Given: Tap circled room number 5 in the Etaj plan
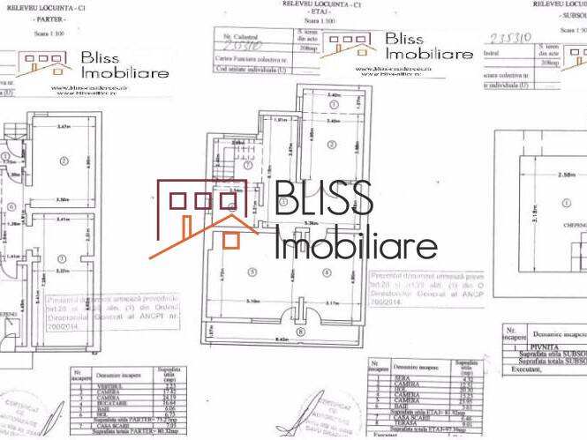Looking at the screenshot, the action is click(252, 271).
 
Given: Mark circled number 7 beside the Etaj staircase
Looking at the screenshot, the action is click(248, 165).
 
